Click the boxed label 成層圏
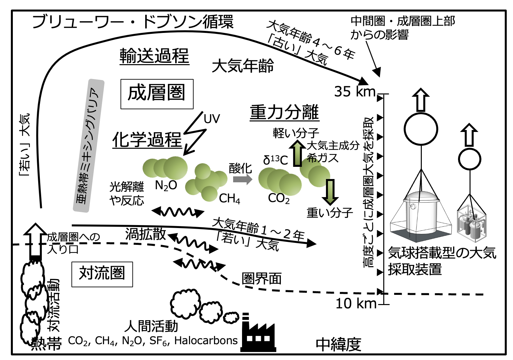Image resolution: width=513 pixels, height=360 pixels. tap(157, 94)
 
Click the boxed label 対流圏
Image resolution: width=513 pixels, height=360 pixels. tap(102, 274)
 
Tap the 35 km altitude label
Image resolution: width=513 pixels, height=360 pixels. tap(355, 91)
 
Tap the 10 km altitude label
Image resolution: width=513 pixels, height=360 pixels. tap(356, 303)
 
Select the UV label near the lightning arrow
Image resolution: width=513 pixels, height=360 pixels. tap(212, 119)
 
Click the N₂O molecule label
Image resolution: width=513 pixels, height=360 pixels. tap(166, 186)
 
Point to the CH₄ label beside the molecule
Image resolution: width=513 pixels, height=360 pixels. tap(229, 198)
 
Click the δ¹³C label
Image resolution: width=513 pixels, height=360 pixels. tap(276, 160)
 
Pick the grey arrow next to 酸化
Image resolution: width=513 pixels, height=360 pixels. tap(242, 179)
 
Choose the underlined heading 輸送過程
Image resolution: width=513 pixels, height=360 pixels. tap(154, 56)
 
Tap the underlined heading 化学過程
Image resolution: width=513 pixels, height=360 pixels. tap(147, 140)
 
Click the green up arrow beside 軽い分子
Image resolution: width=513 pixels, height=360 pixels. tap(299, 153)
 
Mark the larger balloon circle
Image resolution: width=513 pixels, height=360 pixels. tap(421, 129)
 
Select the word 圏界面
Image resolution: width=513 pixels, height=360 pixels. tap(262, 279)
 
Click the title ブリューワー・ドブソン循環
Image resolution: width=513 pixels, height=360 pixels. tap(133, 22)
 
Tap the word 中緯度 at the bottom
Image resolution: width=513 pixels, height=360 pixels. tap(338, 344)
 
